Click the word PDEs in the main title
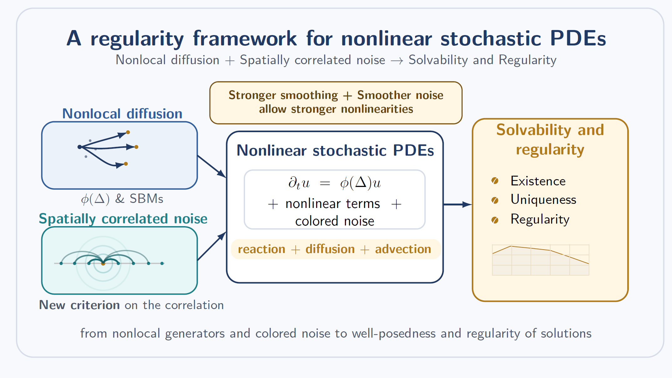578,39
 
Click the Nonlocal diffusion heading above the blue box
122,114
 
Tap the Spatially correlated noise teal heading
123,219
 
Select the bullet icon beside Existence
495,181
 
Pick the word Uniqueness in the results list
543,199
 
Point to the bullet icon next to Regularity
495,220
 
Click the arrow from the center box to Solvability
458,205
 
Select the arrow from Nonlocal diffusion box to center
212,166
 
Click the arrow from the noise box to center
212,246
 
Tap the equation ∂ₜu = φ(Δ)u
334,183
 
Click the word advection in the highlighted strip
403,249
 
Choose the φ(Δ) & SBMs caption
122,199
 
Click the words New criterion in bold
79,305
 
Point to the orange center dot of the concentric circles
103,264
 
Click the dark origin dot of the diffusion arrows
80,147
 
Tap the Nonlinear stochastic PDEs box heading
335,150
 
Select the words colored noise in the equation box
335,221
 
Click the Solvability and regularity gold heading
550,139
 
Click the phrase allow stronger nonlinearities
336,109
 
